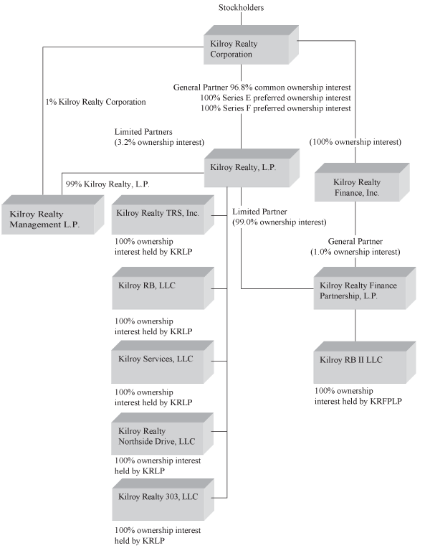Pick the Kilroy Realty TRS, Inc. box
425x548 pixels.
[x=158, y=216]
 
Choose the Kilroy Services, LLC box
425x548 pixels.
[x=158, y=362]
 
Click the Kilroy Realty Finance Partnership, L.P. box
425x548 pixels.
[x=358, y=290]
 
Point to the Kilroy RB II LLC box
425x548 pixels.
[x=358, y=363]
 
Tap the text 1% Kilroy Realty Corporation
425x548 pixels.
[x=95, y=103]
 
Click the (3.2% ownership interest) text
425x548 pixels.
[x=159, y=142]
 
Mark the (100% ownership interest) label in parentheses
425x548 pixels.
[x=355, y=142]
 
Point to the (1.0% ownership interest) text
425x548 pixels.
[x=355, y=252]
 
